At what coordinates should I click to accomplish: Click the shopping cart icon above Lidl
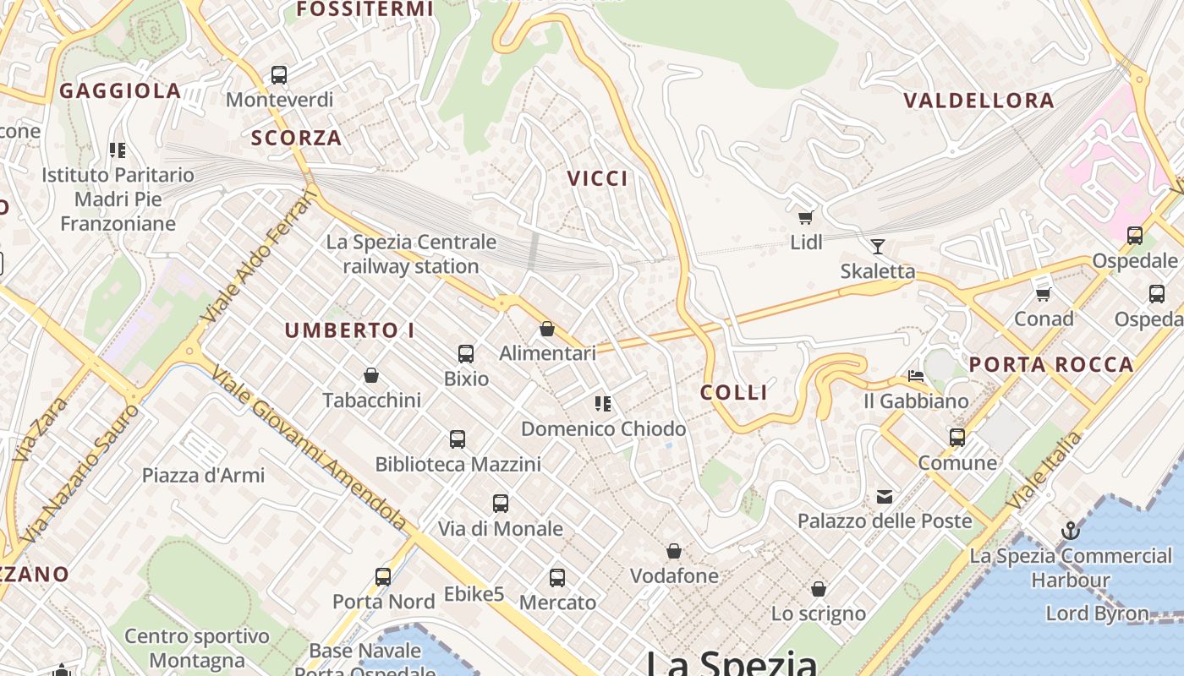tap(805, 218)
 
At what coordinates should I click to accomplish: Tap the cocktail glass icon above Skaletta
tap(878, 247)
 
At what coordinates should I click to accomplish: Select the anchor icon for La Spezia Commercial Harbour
tap(1071, 532)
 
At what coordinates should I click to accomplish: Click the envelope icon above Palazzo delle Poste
tap(885, 497)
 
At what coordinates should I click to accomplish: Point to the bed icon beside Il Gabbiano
tap(915, 375)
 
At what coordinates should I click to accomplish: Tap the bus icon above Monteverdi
tap(279, 75)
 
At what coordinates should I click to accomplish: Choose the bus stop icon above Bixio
tap(466, 354)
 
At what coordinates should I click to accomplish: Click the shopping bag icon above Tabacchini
tap(370, 375)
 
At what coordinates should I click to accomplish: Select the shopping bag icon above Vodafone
tap(674, 552)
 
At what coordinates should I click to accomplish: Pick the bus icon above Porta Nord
tap(383, 577)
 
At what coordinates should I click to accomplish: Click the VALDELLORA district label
tap(978, 101)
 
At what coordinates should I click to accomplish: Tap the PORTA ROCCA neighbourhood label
tap(1050, 365)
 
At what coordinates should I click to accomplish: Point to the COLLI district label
tap(734, 392)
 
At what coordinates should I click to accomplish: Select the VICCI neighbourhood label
tap(598, 178)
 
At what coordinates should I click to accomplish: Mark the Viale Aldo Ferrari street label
tap(260, 258)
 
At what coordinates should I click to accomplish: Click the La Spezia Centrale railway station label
tap(411, 254)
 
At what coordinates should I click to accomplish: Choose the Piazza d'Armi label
tap(203, 475)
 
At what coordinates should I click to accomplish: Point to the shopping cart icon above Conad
tap(1044, 294)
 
